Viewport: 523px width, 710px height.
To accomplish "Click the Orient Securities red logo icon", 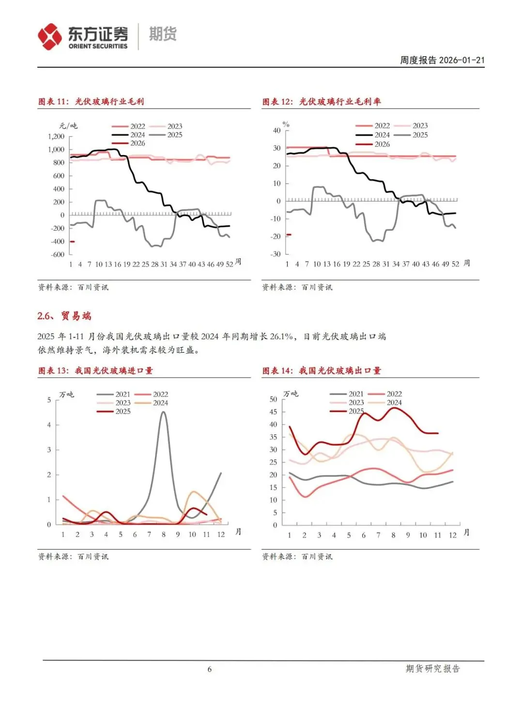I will pyautogui.click(x=50, y=37).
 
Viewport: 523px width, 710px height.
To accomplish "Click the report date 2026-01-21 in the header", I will pyautogui.click(x=462, y=60).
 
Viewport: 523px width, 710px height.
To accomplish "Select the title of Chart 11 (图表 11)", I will pyautogui.click(x=91, y=101).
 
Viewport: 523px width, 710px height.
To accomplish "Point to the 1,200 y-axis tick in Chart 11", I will pyautogui.click(x=56, y=137).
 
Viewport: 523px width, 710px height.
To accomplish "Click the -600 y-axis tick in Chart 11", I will pyautogui.click(x=58, y=254).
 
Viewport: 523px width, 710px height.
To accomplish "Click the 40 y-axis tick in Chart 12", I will pyautogui.click(x=277, y=130).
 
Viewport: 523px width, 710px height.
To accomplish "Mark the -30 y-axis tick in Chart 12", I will pyautogui.click(x=275, y=254).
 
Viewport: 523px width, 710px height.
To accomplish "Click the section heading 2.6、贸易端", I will pyautogui.click(x=64, y=316).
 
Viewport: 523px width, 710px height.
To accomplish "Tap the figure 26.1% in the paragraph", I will pyautogui.click(x=281, y=336).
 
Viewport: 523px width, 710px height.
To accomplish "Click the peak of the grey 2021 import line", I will pyautogui.click(x=164, y=412).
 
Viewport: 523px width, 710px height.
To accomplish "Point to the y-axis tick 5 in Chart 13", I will pyautogui.click(x=49, y=400).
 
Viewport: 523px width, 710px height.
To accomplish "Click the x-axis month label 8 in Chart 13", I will pyautogui.click(x=164, y=535).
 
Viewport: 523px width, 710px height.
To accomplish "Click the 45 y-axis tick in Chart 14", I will pyautogui.click(x=274, y=412).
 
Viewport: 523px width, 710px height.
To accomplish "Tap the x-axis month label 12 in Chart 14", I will pyautogui.click(x=453, y=535).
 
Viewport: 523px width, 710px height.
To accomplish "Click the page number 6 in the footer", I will pyautogui.click(x=210, y=669).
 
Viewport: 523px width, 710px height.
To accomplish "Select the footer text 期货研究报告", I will pyautogui.click(x=432, y=669).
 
